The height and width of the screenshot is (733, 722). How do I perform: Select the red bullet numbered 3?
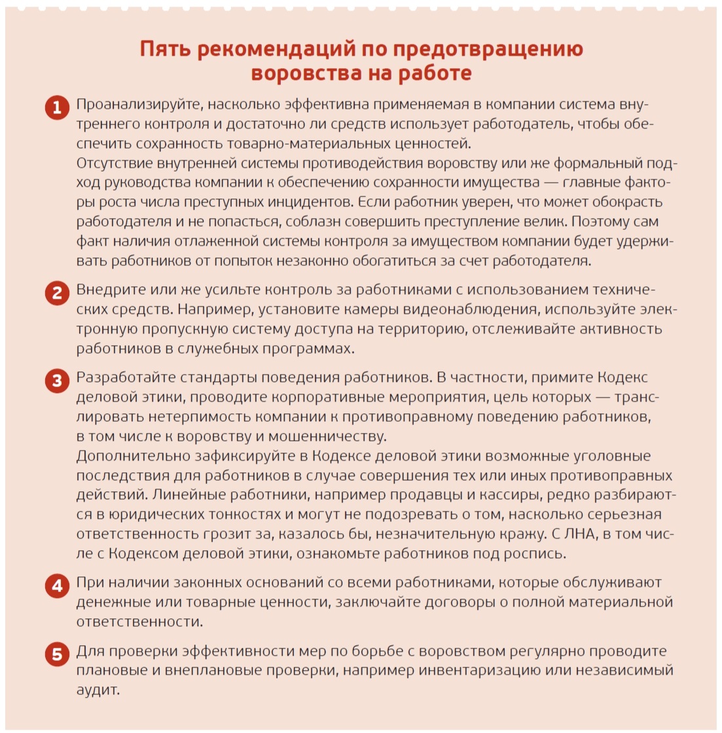pos(57,381)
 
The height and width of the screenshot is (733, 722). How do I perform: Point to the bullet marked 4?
pos(57,585)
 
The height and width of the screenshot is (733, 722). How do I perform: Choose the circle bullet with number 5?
pos(57,654)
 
